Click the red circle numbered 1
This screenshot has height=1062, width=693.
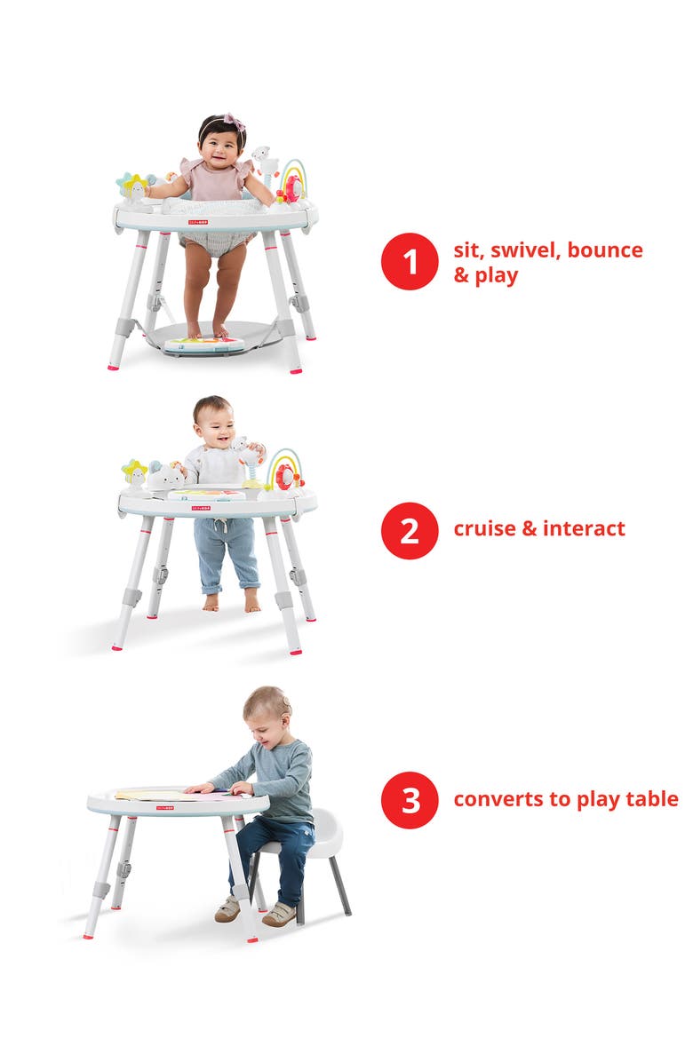tap(410, 261)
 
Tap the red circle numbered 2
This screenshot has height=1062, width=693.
tap(410, 530)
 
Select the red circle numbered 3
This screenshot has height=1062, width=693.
tap(410, 800)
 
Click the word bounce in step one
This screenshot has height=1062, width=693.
tap(605, 250)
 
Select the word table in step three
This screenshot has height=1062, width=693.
tap(650, 799)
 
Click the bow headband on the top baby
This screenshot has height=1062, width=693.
tap(233, 123)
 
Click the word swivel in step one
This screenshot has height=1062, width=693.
tap(527, 250)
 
